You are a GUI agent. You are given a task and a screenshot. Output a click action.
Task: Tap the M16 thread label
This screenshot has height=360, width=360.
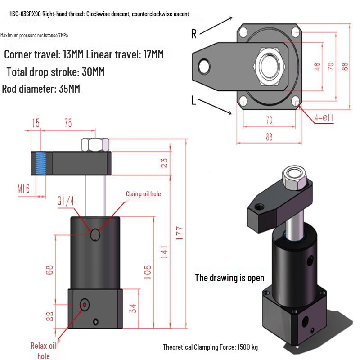[x=23, y=188]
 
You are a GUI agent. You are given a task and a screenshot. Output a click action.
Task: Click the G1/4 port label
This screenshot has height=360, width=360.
[x=65, y=202]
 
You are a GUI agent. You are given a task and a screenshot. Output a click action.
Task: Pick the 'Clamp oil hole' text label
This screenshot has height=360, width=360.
[x=143, y=194]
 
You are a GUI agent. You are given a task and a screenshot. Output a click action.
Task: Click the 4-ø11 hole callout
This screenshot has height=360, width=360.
[x=324, y=118]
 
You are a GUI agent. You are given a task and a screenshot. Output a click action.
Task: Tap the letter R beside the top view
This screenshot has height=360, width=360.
[x=194, y=34]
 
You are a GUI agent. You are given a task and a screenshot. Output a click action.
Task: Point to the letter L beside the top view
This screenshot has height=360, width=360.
[x=194, y=101]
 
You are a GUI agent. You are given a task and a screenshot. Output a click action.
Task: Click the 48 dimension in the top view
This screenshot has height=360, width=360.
[x=317, y=67]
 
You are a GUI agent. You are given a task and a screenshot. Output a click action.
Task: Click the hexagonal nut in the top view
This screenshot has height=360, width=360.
[x=270, y=67]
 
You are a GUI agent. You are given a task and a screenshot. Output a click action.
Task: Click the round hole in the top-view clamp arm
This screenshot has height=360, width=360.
[x=204, y=67]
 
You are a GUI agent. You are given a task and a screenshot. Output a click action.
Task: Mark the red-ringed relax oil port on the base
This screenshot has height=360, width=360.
[x=84, y=305]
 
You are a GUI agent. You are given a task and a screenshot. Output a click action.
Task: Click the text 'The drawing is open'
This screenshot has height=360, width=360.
[x=229, y=278]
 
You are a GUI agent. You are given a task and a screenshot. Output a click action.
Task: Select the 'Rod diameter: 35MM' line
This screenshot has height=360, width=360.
[x=41, y=89]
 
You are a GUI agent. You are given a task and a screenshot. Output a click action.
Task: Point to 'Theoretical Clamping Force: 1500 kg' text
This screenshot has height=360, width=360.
[x=210, y=347]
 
